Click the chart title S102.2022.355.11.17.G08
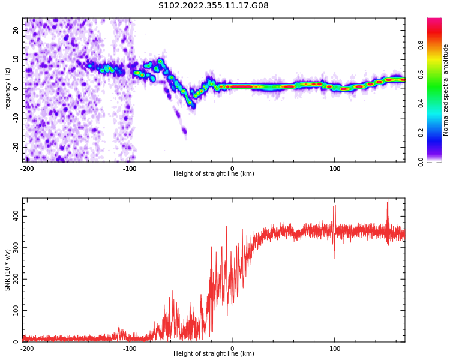214,5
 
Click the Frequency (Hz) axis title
7,90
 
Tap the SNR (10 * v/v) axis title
7,270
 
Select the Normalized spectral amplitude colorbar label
445,90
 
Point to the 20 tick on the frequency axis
16,30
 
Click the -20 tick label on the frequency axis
16,147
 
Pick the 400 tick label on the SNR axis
16,216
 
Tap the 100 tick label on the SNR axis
16,310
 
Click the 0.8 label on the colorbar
421,45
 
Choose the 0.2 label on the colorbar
421,133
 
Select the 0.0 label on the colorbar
421,162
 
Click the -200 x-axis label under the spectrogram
27,169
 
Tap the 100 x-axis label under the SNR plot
335,349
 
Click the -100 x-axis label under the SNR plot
130,349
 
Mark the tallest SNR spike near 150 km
388,199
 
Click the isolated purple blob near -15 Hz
184,131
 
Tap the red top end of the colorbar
434,20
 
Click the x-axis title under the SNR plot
214,353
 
